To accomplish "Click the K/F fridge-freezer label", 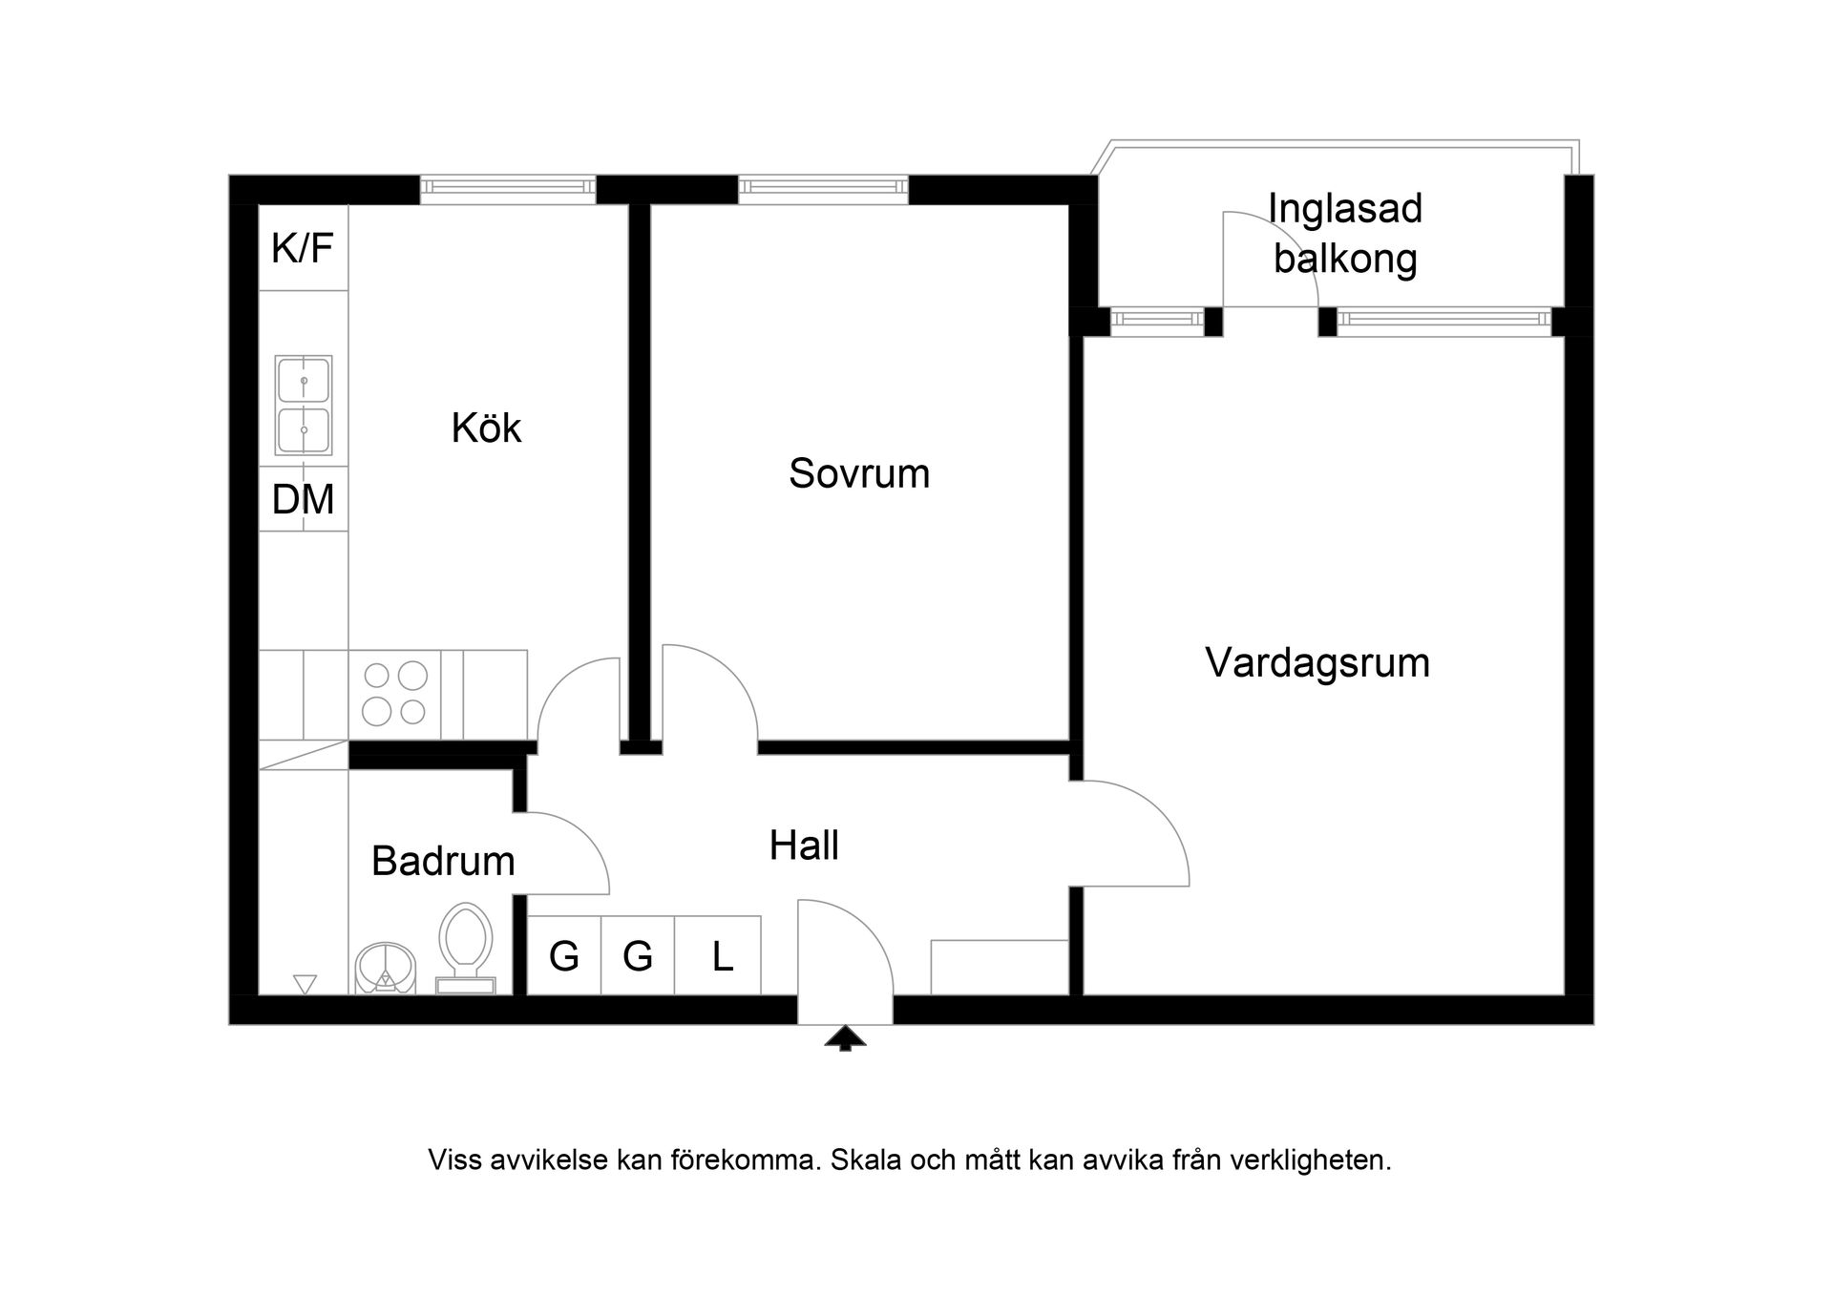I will (x=303, y=248).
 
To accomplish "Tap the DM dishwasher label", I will (x=303, y=499).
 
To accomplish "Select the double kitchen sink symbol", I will (x=304, y=406).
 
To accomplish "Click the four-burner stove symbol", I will (x=395, y=694).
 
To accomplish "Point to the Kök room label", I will (x=486, y=428).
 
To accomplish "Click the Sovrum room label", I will (x=858, y=473).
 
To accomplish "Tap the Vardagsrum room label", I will (x=1317, y=662).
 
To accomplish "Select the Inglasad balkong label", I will (x=1344, y=234).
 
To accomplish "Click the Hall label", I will (x=804, y=846).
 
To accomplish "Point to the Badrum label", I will (x=443, y=861).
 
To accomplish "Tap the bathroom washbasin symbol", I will (x=386, y=969).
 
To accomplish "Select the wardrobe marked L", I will (x=722, y=956).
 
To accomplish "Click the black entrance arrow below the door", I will (x=845, y=1038).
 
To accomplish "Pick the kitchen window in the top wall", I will (x=508, y=189).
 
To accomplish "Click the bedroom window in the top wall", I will (x=823, y=189).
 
